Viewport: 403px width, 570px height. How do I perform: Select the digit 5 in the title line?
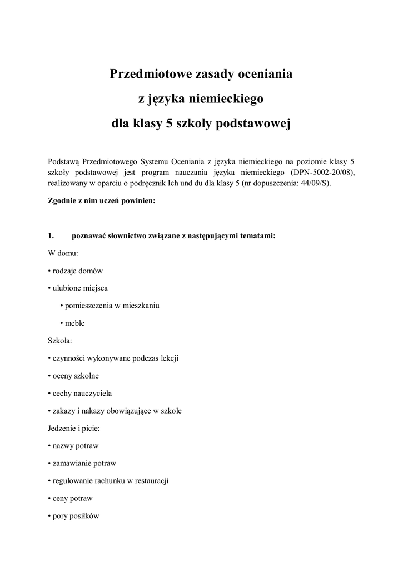click(169, 124)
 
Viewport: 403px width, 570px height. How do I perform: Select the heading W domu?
click(63, 253)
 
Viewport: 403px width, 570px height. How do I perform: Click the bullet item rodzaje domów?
click(77, 271)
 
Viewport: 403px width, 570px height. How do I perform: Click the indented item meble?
click(74, 323)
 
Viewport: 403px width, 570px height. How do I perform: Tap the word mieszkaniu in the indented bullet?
click(141, 306)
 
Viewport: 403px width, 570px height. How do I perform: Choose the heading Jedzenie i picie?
click(74, 429)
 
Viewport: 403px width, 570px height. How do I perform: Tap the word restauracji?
click(150, 480)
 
